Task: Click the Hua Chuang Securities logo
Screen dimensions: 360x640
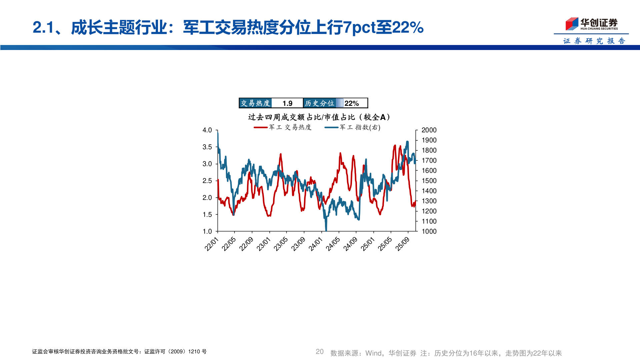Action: point(591,24)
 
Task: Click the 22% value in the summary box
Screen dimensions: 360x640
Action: point(351,103)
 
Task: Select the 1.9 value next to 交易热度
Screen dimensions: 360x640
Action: point(287,103)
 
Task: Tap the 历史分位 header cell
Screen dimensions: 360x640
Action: point(319,103)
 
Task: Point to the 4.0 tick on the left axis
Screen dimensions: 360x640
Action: point(207,130)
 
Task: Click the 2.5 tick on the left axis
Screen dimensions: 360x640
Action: point(207,181)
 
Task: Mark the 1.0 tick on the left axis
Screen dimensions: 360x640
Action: point(207,231)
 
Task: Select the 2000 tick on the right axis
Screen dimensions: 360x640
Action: point(429,130)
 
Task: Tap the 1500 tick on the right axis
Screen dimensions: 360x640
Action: point(429,181)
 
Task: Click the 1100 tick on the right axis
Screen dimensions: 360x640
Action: point(429,221)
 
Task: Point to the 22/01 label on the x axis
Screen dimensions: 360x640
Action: point(211,244)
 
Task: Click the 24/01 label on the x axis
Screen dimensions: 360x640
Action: point(315,244)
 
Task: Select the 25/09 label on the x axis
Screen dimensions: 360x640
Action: point(402,244)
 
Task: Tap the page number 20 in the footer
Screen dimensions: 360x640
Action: point(319,352)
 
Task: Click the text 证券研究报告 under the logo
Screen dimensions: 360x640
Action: point(594,41)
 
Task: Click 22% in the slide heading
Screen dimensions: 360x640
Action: point(408,27)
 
